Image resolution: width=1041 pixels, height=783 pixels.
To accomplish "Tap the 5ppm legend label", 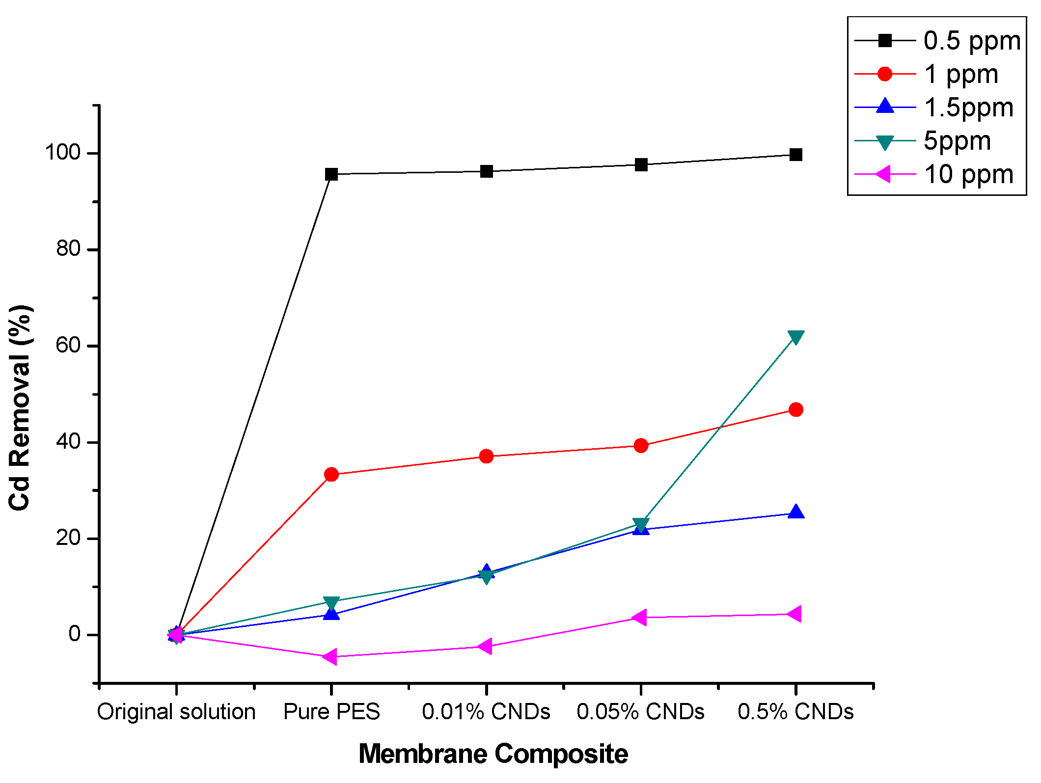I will point(957,141).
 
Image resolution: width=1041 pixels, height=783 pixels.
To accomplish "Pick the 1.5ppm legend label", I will point(968,108).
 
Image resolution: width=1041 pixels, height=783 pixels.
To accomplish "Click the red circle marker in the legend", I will point(884,74).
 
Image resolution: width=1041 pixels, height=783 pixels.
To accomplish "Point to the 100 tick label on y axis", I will point(62,153).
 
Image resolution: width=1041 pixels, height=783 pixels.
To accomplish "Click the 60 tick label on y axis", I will point(68,346).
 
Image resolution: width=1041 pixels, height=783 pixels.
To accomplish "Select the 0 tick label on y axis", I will point(74,634).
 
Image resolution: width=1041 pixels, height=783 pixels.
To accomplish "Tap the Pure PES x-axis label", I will point(331,711).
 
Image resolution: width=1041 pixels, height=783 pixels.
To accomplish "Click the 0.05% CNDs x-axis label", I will point(640,711).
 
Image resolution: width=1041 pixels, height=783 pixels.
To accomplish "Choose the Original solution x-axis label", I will point(176,711).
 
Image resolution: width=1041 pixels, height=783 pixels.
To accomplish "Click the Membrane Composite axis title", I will point(493,754).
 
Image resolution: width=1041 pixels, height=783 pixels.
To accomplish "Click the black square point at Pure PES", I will point(331,174).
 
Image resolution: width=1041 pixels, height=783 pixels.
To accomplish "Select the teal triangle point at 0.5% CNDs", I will point(795,337).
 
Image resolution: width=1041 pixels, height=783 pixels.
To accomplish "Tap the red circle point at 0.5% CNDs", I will point(795,409).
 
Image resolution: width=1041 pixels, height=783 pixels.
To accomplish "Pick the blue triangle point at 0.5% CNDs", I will point(795,513).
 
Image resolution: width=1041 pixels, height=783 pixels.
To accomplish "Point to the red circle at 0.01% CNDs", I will point(486,457).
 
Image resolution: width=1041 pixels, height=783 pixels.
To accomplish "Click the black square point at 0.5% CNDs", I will point(795,155).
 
